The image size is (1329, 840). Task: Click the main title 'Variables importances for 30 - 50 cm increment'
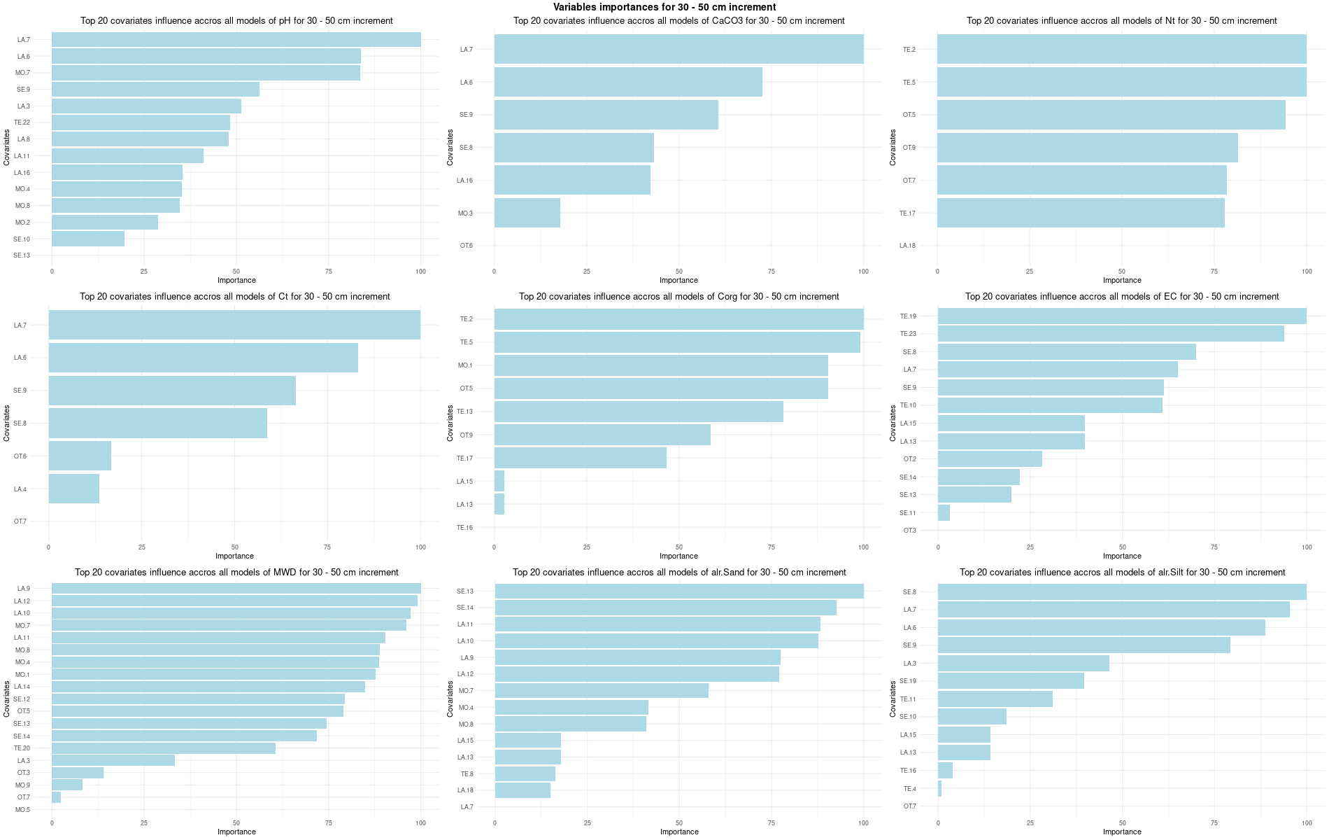pos(664,7)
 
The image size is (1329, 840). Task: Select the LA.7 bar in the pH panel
pos(236,40)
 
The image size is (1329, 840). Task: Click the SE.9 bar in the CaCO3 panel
pos(606,115)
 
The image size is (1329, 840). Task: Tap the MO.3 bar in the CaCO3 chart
pos(527,213)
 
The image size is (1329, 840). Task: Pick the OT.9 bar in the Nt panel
pos(1087,148)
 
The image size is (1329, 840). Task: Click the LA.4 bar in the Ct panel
pos(73,489)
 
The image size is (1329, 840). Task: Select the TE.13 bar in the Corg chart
pos(638,412)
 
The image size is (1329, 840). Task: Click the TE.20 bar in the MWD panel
pos(163,748)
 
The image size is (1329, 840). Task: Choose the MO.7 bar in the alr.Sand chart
pos(601,691)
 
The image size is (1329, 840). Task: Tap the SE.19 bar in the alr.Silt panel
pos(1010,680)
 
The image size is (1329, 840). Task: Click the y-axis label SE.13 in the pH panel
pos(22,255)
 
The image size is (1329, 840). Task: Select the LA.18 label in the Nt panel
pos(907,246)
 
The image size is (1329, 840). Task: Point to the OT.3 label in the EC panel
pos(909,531)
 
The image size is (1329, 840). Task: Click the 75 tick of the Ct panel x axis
pos(327,547)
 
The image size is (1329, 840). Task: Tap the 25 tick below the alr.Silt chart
pos(1030,823)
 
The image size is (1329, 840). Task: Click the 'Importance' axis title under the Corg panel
pos(678,556)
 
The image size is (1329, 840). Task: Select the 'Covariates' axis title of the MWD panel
pos(7,699)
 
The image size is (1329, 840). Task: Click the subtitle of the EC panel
pos(1121,297)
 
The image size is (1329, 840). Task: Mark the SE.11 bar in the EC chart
pos(944,513)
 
